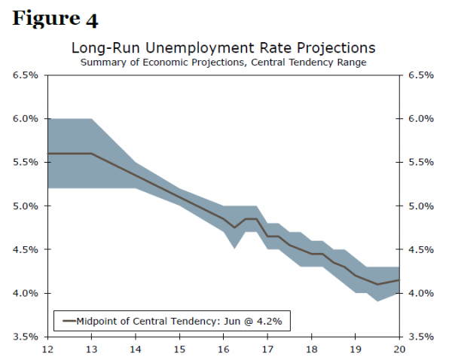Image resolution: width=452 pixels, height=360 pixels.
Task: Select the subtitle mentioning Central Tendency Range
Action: click(x=223, y=62)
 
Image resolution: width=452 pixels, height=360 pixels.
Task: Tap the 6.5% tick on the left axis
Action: click(x=26, y=75)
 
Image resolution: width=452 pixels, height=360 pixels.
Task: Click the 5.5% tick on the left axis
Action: click(x=26, y=163)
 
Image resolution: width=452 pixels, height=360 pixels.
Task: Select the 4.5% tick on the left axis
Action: click(x=26, y=249)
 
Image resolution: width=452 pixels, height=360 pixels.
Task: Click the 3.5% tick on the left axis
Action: click(x=26, y=337)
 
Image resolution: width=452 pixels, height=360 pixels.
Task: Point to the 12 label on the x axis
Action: click(x=47, y=349)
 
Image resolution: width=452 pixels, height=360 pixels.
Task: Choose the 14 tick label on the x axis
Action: click(x=135, y=349)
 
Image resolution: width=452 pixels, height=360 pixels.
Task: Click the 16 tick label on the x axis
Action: click(x=223, y=349)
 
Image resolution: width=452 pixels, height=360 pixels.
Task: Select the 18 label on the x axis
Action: click(x=311, y=349)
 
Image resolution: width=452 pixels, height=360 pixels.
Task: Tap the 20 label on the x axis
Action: click(x=399, y=349)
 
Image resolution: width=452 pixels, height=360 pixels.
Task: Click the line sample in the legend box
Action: click(x=70, y=321)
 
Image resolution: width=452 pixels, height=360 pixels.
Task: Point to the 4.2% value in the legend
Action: click(x=270, y=321)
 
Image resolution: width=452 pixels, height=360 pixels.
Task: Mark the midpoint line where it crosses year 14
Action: click(x=135, y=176)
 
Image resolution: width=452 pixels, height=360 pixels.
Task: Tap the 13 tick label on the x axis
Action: click(x=91, y=349)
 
